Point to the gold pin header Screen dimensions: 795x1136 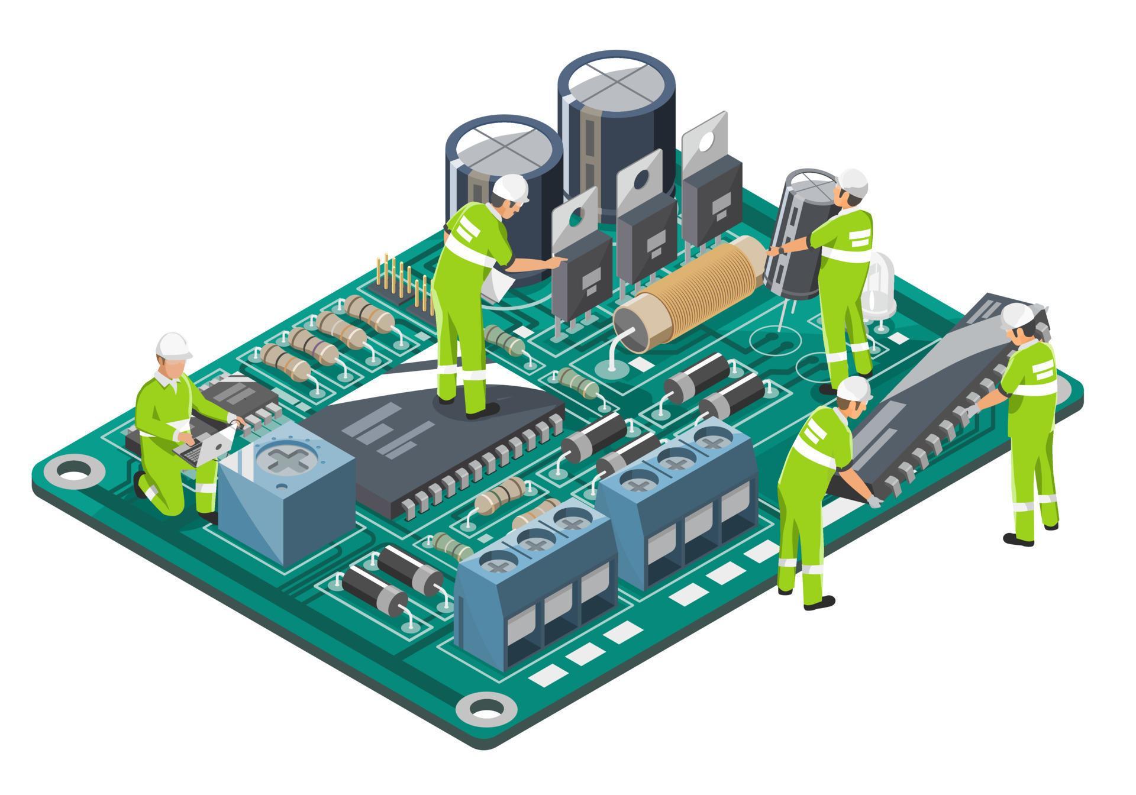tap(403, 283)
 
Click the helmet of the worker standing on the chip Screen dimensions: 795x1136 tap(510, 187)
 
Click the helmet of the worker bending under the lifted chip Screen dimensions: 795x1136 tap(854, 389)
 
